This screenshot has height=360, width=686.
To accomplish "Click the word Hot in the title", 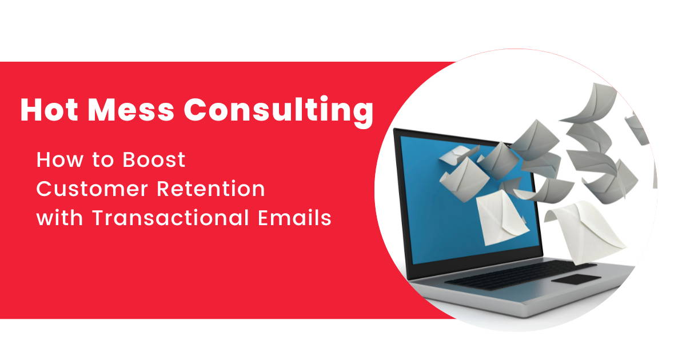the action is coord(49,110).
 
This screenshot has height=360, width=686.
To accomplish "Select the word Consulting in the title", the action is coord(279,111).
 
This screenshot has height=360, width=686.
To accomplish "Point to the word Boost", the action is coord(154,160).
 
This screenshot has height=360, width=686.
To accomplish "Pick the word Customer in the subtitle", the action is coord(92,189).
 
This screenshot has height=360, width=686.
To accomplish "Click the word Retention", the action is coord(211,189).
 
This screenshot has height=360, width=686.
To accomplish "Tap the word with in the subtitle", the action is coord(59,218).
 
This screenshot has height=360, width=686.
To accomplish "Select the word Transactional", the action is coord(170,218).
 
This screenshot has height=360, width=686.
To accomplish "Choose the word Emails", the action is coord(294,218).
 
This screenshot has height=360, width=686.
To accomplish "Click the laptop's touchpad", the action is coord(576,279).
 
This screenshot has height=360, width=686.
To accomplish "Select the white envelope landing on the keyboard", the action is coord(585,231).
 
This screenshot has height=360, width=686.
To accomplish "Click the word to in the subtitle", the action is coord(103,161).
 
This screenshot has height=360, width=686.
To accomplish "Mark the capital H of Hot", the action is coord(31,110).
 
